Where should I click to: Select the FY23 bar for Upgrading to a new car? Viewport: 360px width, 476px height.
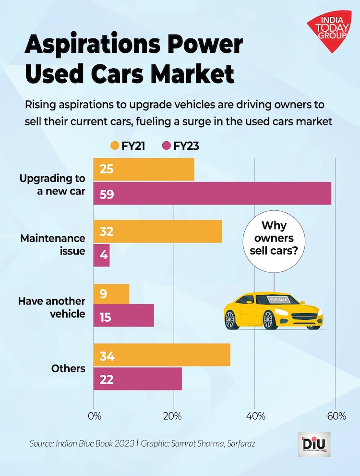(x=212, y=194)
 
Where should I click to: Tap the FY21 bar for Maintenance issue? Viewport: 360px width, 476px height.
(x=157, y=232)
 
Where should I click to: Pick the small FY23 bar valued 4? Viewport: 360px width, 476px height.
(x=102, y=256)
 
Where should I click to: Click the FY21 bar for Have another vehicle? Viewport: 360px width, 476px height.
(x=111, y=293)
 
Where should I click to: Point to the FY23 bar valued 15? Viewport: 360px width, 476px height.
(x=123, y=316)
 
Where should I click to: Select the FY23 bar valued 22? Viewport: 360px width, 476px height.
(x=138, y=379)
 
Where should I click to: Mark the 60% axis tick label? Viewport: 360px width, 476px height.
(x=336, y=415)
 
